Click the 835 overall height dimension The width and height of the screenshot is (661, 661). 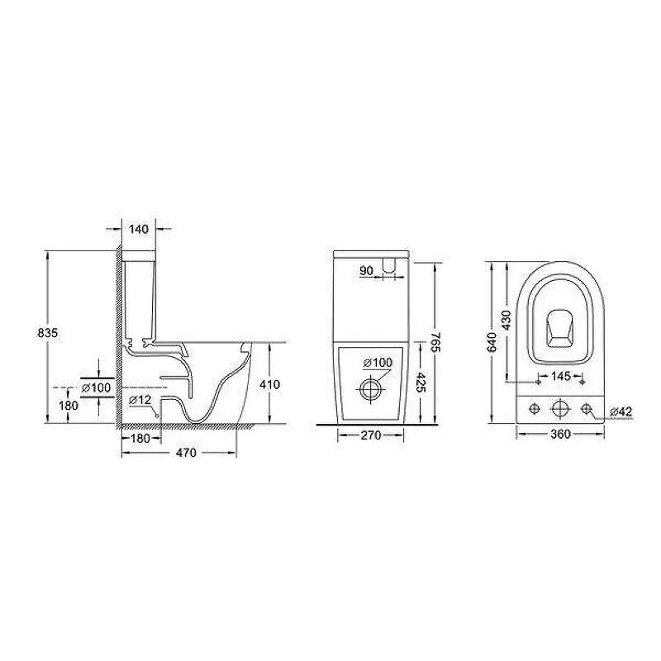tap(47, 333)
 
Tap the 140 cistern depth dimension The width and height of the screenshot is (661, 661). tap(139, 230)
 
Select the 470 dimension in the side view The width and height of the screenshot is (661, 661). tap(186, 453)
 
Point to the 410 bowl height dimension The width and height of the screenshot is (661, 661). tap(269, 384)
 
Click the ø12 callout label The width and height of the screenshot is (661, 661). tap(140, 400)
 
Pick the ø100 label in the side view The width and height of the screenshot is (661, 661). tap(96, 388)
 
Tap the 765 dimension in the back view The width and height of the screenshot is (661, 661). tap(435, 342)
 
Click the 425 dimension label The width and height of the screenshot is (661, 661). tap(420, 382)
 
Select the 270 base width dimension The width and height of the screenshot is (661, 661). tap(371, 435)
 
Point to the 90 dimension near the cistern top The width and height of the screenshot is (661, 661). tap(366, 271)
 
